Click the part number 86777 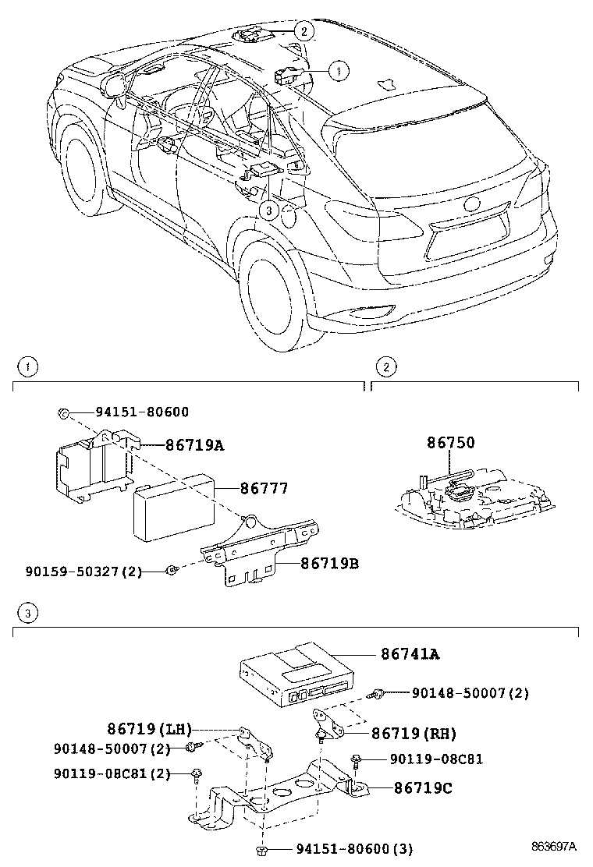coord(264,489)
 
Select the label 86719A coord(194,445)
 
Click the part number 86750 coord(450,443)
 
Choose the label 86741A coord(410,654)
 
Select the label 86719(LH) coord(149,729)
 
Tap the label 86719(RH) coord(414,733)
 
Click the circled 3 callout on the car coord(268,210)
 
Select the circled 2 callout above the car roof coord(304,31)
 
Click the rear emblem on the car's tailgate coord(473,205)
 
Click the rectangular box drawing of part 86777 coord(172,508)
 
